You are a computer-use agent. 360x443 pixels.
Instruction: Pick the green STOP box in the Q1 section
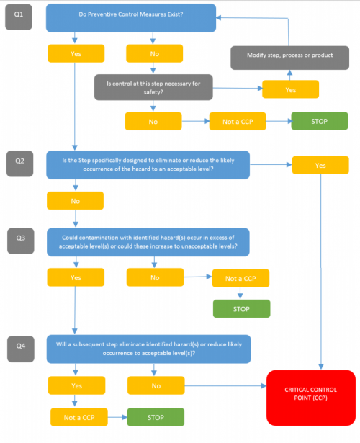[320, 121]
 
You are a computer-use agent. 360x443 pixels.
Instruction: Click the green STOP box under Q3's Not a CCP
[241, 308]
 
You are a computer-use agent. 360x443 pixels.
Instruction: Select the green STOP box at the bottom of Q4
[156, 417]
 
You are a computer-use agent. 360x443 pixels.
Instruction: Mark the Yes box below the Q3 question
[76, 277]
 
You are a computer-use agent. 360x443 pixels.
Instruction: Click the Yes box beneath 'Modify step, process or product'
[291, 89]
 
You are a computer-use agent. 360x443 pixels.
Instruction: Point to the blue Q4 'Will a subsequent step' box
[148, 348]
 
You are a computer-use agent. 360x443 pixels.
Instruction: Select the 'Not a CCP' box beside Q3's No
[241, 278]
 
